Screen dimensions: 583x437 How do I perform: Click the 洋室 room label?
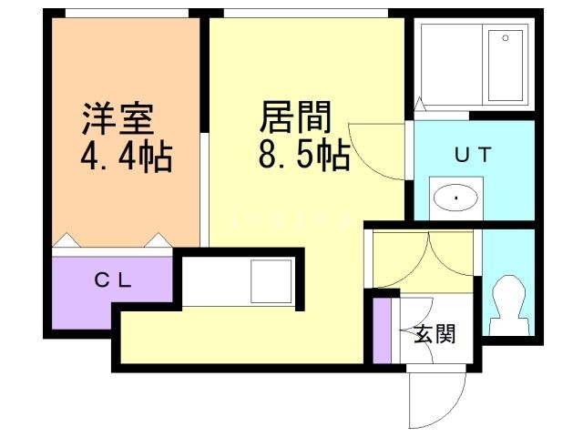(x=118, y=118)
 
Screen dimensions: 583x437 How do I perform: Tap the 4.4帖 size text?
(x=127, y=156)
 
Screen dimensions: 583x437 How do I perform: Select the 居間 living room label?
(x=295, y=117)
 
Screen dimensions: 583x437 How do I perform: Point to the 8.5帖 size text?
(x=304, y=154)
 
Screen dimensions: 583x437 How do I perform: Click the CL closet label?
(x=113, y=280)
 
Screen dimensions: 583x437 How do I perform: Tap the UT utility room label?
(x=474, y=155)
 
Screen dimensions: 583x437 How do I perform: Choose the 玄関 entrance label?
(x=435, y=333)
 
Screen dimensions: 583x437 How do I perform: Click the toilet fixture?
(x=509, y=306)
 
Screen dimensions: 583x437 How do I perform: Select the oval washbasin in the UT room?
(x=455, y=198)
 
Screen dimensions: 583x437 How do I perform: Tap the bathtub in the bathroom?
(x=506, y=66)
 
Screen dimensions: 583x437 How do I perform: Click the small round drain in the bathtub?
(x=506, y=37)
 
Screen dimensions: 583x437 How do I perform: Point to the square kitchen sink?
(x=271, y=281)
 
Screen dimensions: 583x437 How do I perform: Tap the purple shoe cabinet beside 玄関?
(x=382, y=330)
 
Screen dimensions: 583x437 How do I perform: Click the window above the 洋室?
(x=127, y=13)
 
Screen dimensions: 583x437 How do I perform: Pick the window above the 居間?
(x=306, y=13)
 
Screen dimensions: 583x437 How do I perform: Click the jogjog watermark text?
(x=290, y=219)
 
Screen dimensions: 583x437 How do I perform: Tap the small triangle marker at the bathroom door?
(x=419, y=103)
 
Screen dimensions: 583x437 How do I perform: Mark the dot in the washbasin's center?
(x=455, y=198)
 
